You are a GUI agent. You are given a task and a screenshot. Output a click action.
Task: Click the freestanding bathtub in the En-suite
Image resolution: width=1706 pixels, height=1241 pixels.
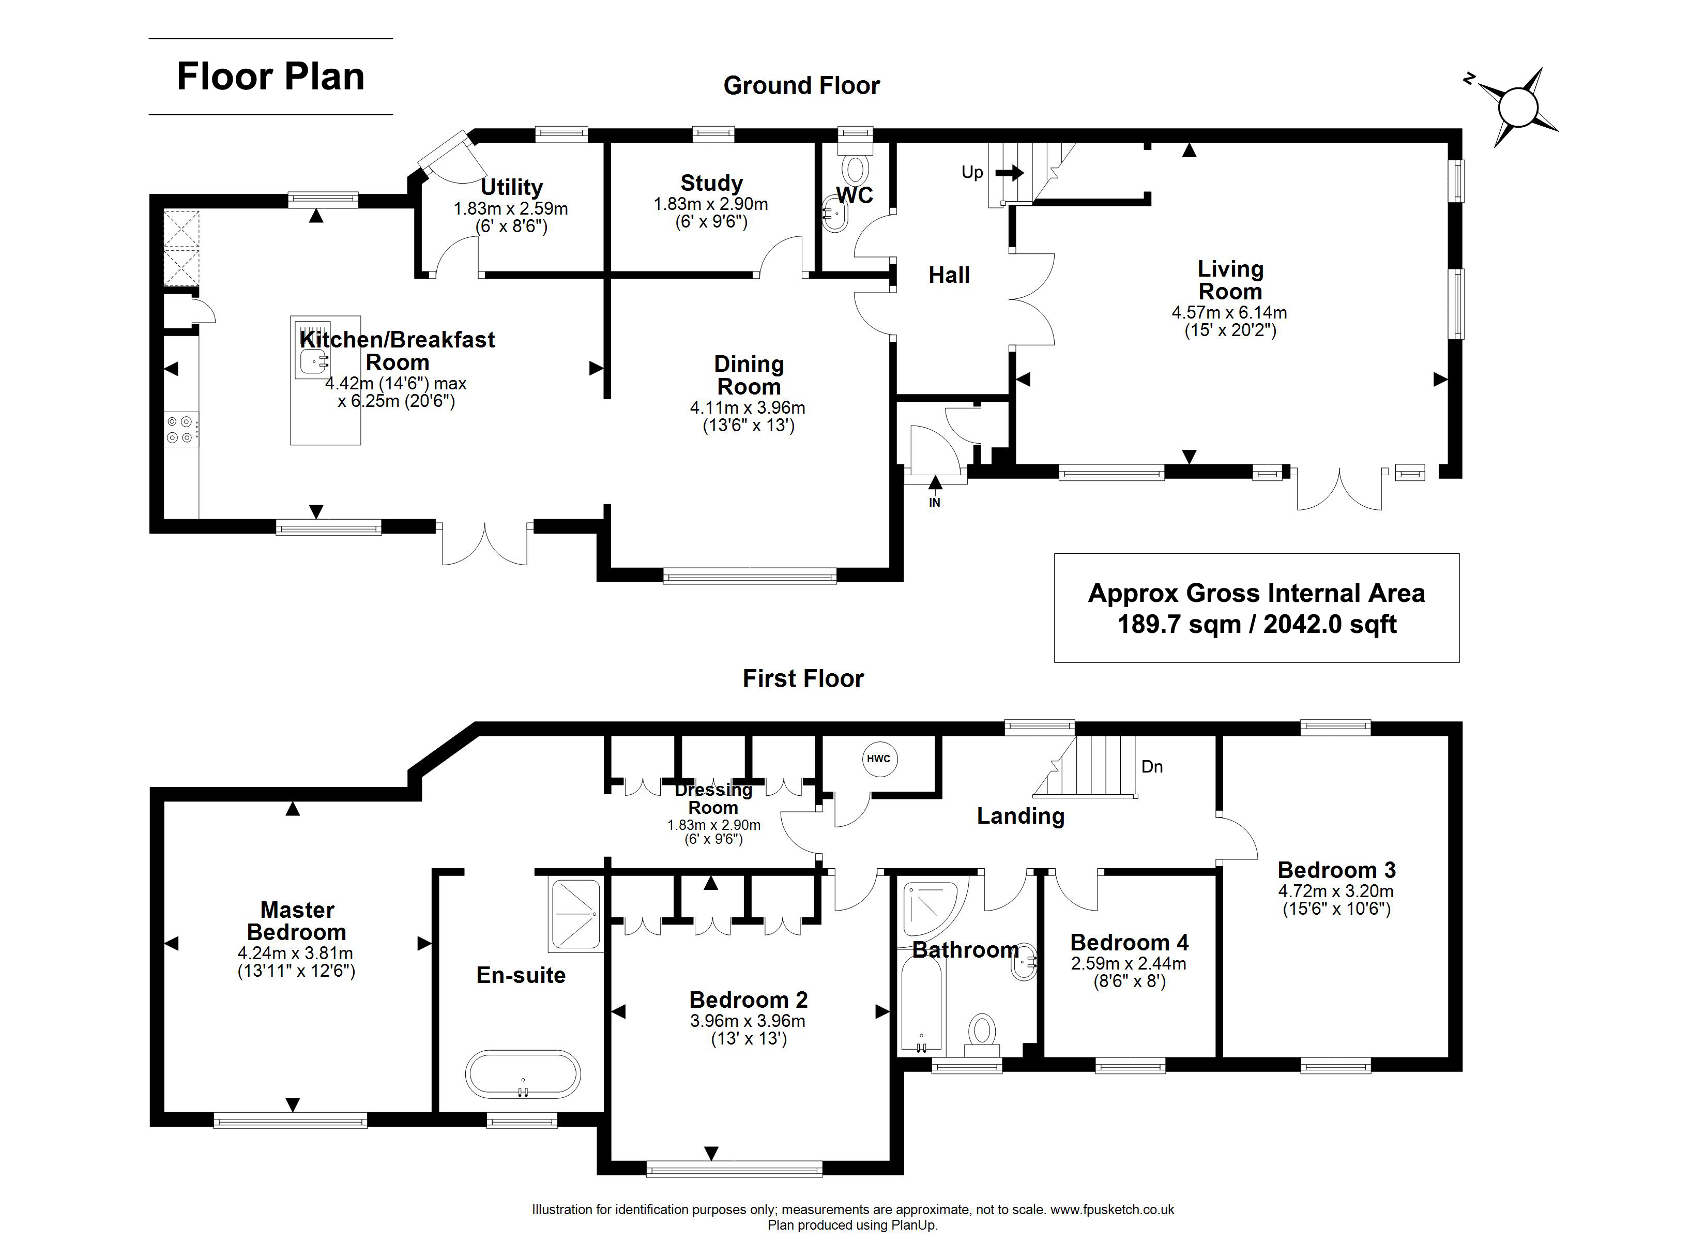[x=523, y=1074]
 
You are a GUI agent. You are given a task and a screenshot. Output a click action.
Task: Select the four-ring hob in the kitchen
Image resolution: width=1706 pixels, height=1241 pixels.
[x=181, y=430]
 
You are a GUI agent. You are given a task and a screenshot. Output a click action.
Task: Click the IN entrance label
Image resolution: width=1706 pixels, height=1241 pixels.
[x=934, y=503]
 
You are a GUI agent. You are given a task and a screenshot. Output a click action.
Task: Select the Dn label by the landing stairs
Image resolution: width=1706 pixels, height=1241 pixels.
[x=1152, y=767]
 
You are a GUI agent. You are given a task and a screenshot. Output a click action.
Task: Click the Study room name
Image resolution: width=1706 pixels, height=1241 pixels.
[x=711, y=183]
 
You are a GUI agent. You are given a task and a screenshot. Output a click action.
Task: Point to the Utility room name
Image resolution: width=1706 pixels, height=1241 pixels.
[x=511, y=187]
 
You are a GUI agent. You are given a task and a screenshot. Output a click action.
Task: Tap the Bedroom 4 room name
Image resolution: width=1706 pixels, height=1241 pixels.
[x=1129, y=942]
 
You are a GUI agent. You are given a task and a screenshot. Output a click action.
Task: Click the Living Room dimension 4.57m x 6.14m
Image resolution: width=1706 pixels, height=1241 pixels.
[x=1229, y=312]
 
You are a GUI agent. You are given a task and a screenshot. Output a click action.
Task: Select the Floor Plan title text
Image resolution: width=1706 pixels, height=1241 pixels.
[x=271, y=77]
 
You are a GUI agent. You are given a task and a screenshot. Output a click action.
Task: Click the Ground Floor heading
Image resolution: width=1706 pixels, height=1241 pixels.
[x=802, y=86]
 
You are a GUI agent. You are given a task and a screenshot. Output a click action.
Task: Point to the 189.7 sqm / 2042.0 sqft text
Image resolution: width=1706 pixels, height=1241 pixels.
[x=1257, y=625]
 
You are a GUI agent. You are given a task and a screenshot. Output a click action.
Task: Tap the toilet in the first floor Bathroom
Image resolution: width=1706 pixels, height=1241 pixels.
[x=982, y=1035]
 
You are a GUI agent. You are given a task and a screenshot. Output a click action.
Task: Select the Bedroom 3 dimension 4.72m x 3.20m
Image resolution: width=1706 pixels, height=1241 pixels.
[x=1336, y=891]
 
